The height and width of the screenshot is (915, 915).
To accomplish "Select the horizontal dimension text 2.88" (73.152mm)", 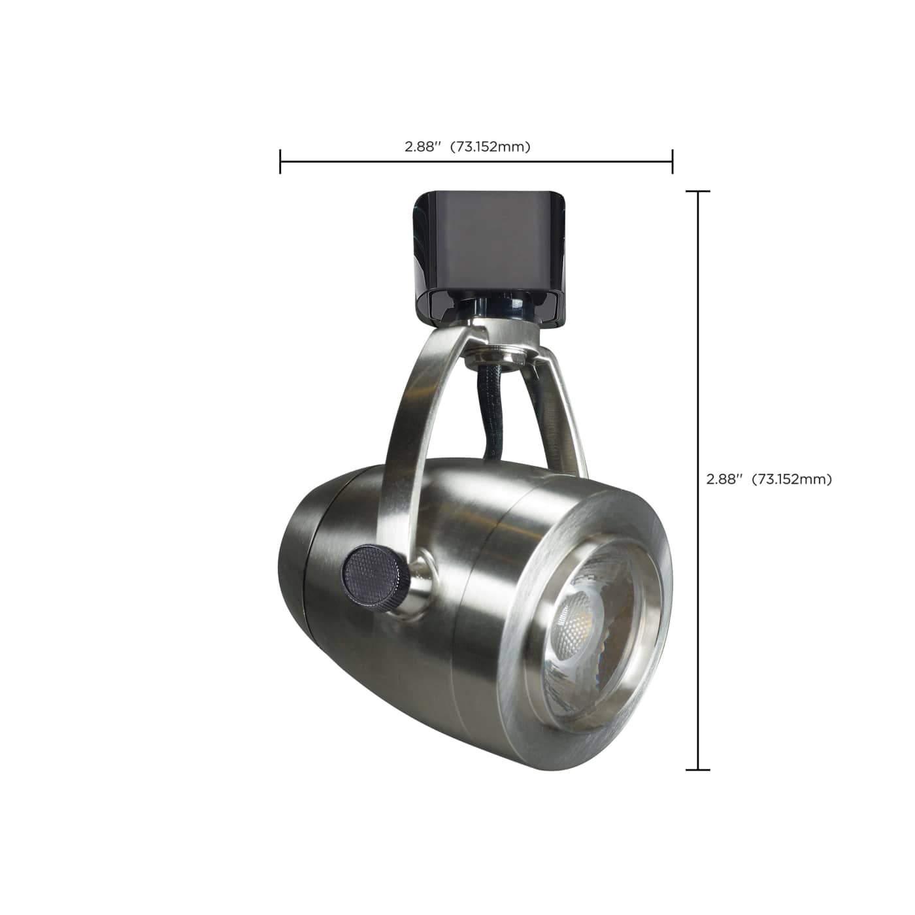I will click(x=467, y=147).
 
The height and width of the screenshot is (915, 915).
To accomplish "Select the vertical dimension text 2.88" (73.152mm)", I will click(x=769, y=479).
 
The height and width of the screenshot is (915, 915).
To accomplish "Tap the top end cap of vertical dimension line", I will click(x=698, y=191).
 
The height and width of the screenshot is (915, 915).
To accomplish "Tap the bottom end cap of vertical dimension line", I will click(x=698, y=769).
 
